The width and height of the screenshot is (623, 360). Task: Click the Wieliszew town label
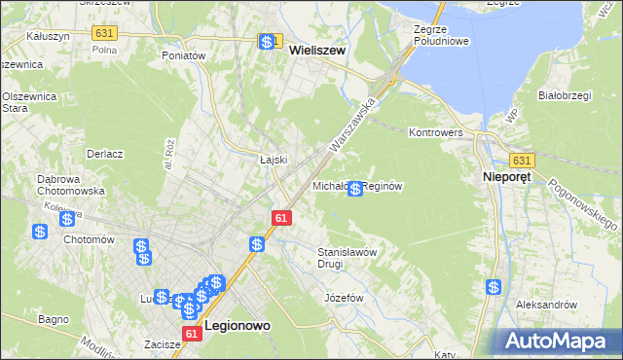click(317, 60)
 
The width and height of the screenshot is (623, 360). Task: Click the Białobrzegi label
click(566, 95)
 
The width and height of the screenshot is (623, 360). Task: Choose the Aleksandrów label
click(547, 305)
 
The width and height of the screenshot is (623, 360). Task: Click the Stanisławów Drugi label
click(348, 257)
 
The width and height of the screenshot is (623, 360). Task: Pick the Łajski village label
click(274, 159)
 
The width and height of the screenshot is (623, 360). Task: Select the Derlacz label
click(104, 154)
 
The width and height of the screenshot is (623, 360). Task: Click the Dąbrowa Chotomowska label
click(46, 185)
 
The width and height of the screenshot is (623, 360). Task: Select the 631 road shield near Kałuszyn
click(104, 33)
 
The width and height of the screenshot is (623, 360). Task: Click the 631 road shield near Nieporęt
click(522, 161)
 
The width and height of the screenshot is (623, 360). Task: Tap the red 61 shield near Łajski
click(280, 220)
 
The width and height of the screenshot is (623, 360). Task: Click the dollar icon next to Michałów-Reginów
click(356, 188)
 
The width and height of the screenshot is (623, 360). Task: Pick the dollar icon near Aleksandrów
click(495, 287)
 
